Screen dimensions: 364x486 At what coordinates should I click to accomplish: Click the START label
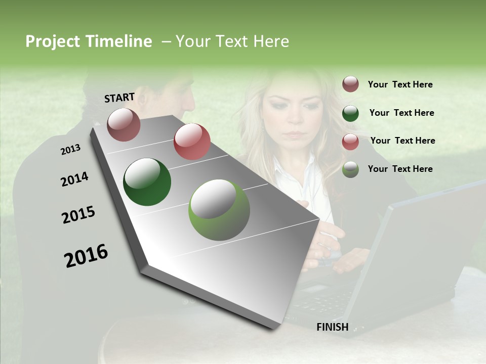click(119, 98)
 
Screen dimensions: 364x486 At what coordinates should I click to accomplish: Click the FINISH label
click(332, 327)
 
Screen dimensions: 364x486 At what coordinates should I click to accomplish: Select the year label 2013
click(70, 150)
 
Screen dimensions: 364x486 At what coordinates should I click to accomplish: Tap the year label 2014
click(74, 179)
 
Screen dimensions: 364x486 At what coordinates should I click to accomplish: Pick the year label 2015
click(78, 215)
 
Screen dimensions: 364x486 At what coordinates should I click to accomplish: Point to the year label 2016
click(86, 256)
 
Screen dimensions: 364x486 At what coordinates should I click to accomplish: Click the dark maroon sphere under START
click(124, 124)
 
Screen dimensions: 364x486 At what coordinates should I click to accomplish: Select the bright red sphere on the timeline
click(192, 142)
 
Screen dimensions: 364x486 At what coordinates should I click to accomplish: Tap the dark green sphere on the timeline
click(147, 182)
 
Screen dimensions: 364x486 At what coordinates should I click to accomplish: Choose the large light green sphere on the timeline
click(219, 210)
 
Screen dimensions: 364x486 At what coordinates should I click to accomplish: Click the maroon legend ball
click(350, 84)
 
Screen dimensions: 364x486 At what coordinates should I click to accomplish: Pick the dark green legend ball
click(350, 113)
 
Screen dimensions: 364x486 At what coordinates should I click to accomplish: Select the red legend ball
click(350, 141)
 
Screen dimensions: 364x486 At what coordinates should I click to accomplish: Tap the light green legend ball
click(350, 169)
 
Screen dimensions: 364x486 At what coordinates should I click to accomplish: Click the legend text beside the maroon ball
click(400, 84)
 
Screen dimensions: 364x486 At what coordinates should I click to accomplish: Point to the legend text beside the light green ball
click(400, 169)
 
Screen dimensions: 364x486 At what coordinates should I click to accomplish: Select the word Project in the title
click(52, 41)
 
